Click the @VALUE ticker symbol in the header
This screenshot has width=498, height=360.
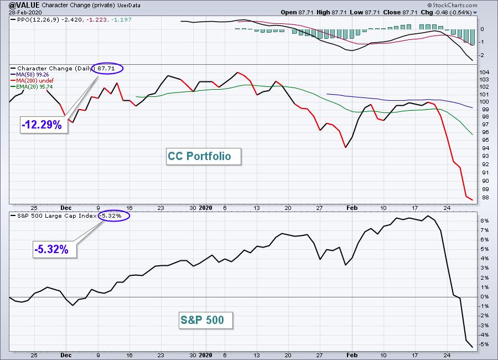coord(24,5)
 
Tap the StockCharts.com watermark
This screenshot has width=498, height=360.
coord(452,5)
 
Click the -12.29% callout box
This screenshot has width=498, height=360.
coord(44,125)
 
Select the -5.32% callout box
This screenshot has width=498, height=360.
coord(55,249)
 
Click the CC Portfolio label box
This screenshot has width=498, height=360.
coord(203,156)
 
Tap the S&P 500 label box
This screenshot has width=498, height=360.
coord(205,320)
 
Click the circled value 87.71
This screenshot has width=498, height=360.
coord(107,68)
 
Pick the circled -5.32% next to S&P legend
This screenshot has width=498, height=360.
coord(114,215)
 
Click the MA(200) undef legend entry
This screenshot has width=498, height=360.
coord(32,80)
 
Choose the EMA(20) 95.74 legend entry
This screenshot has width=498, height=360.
coord(32,86)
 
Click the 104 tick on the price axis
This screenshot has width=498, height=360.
coord(484,72)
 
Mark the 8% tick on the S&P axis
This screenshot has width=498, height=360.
coord(484,220)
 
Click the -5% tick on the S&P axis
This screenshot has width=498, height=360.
coord(484,344)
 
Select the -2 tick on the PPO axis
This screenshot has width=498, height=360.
coord(482,55)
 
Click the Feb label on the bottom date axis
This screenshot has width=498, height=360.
coord(352,355)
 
